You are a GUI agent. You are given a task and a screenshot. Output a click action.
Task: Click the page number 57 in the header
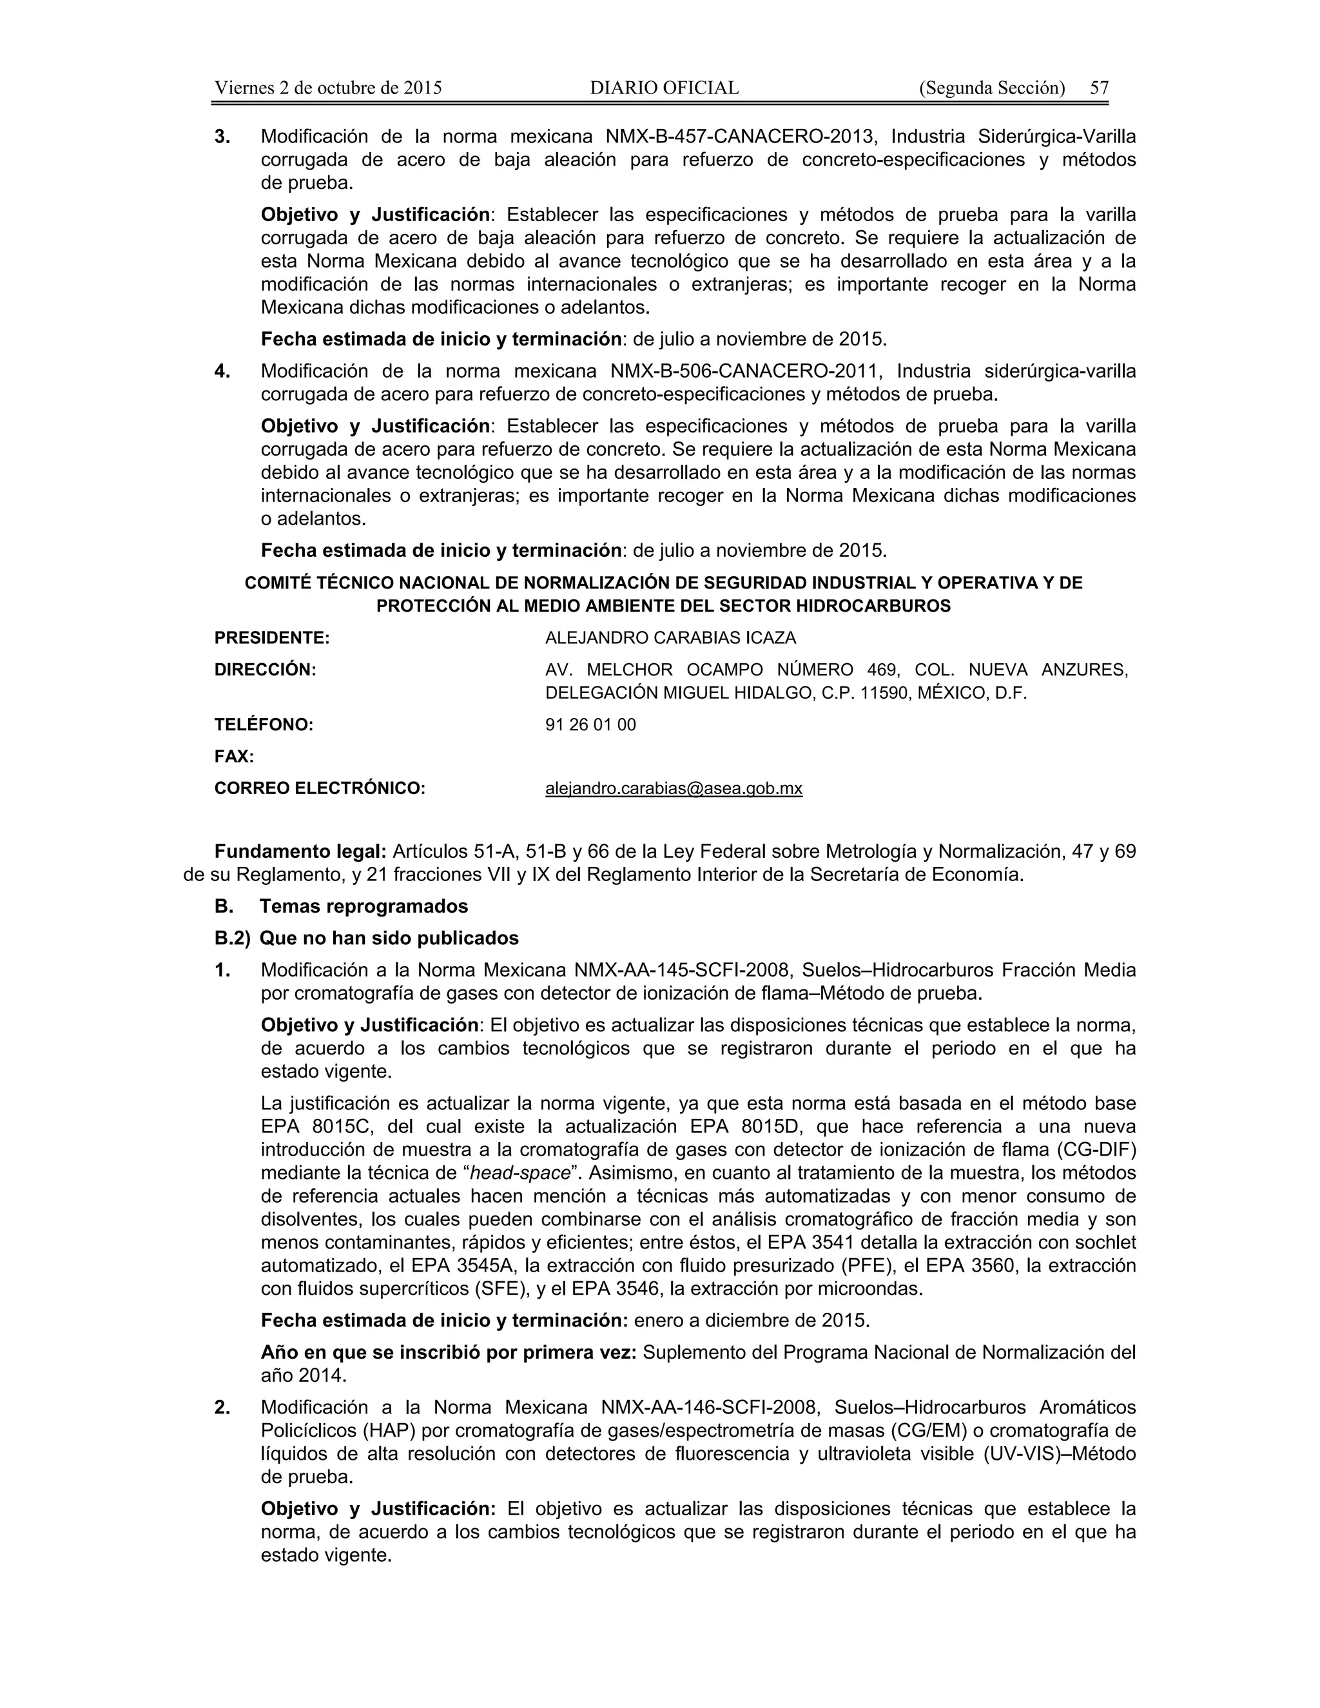tap(1099, 88)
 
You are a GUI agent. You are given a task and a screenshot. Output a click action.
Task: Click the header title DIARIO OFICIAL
tap(664, 88)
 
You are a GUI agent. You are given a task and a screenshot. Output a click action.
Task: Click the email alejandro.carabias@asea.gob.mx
tap(674, 788)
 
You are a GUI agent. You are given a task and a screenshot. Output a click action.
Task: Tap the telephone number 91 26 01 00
tap(590, 725)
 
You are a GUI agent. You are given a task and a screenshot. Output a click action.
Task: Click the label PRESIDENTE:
tap(272, 638)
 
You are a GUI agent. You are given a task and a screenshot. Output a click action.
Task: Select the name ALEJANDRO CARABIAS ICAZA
tap(670, 638)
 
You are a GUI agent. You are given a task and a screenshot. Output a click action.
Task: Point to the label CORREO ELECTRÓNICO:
tap(320, 788)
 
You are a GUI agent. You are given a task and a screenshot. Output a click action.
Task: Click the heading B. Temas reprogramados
tap(341, 906)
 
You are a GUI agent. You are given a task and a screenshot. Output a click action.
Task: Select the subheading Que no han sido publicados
tap(389, 938)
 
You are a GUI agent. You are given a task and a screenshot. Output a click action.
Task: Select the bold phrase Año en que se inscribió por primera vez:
tap(449, 1352)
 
